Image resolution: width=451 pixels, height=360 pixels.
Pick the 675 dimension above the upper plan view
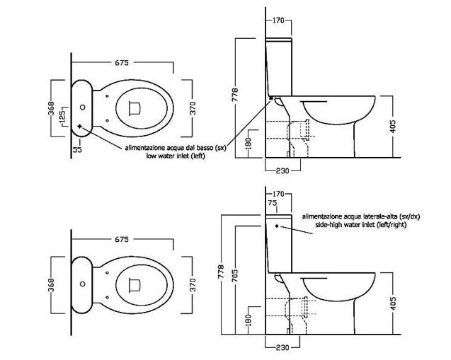(121, 62)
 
